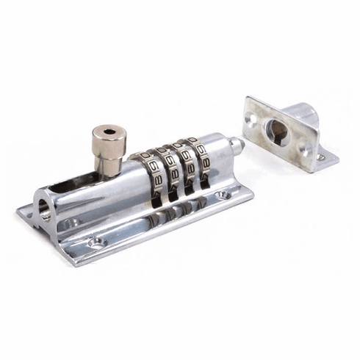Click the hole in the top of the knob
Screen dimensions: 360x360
click(x=109, y=132)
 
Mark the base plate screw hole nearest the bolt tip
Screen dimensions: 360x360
click(x=220, y=195)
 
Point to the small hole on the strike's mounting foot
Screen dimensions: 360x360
click(x=321, y=156)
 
